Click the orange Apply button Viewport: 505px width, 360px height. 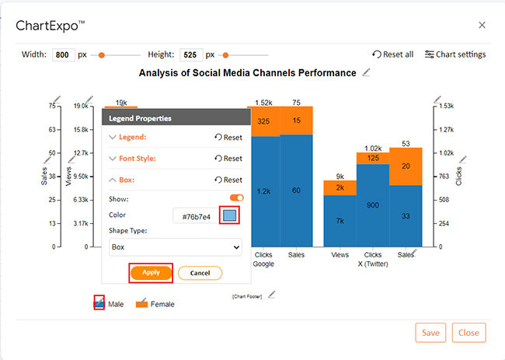click(x=151, y=273)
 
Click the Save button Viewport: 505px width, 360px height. click(x=430, y=333)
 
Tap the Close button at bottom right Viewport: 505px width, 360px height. click(x=468, y=333)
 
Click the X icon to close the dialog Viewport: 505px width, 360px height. click(x=482, y=25)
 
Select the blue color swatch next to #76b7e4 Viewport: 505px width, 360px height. click(x=229, y=215)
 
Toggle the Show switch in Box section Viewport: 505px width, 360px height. click(x=237, y=198)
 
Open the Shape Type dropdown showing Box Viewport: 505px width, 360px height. click(x=176, y=247)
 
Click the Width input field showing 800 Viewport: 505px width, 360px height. click(x=64, y=54)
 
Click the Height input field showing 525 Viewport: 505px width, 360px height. click(x=191, y=54)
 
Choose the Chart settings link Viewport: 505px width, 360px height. click(x=455, y=54)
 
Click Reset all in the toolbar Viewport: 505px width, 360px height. click(x=393, y=54)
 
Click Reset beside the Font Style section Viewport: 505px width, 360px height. click(x=228, y=159)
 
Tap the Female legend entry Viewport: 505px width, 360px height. click(x=155, y=303)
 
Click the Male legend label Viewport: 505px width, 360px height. click(x=116, y=304)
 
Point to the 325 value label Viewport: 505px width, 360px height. click(x=263, y=121)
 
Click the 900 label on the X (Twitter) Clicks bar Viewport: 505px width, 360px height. click(x=373, y=205)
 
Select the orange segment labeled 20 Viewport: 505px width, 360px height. click(x=406, y=166)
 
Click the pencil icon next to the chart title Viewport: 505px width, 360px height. click(x=366, y=72)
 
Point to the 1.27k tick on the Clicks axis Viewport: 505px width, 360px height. click(x=447, y=130)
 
